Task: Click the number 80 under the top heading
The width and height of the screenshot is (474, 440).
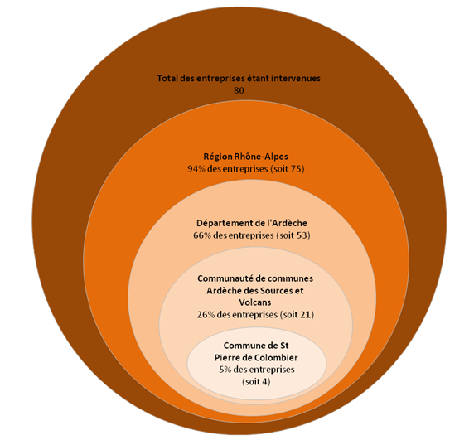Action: click(239, 90)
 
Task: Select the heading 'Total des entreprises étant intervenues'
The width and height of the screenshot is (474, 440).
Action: click(239, 79)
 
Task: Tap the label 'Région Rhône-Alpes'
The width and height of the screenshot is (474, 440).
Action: click(245, 157)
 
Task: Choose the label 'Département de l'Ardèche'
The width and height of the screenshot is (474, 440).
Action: click(252, 223)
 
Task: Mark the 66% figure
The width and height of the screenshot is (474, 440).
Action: click(202, 235)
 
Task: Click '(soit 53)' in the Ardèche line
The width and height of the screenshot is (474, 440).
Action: click(293, 235)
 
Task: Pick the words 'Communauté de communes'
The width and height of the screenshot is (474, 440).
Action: click(255, 278)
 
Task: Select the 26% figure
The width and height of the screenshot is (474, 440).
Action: click(206, 315)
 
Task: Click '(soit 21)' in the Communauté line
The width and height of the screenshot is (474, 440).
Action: click(297, 315)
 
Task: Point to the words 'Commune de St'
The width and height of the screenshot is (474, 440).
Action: click(256, 346)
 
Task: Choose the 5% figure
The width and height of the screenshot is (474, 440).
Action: click(225, 370)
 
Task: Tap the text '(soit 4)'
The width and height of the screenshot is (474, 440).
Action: click(256, 382)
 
